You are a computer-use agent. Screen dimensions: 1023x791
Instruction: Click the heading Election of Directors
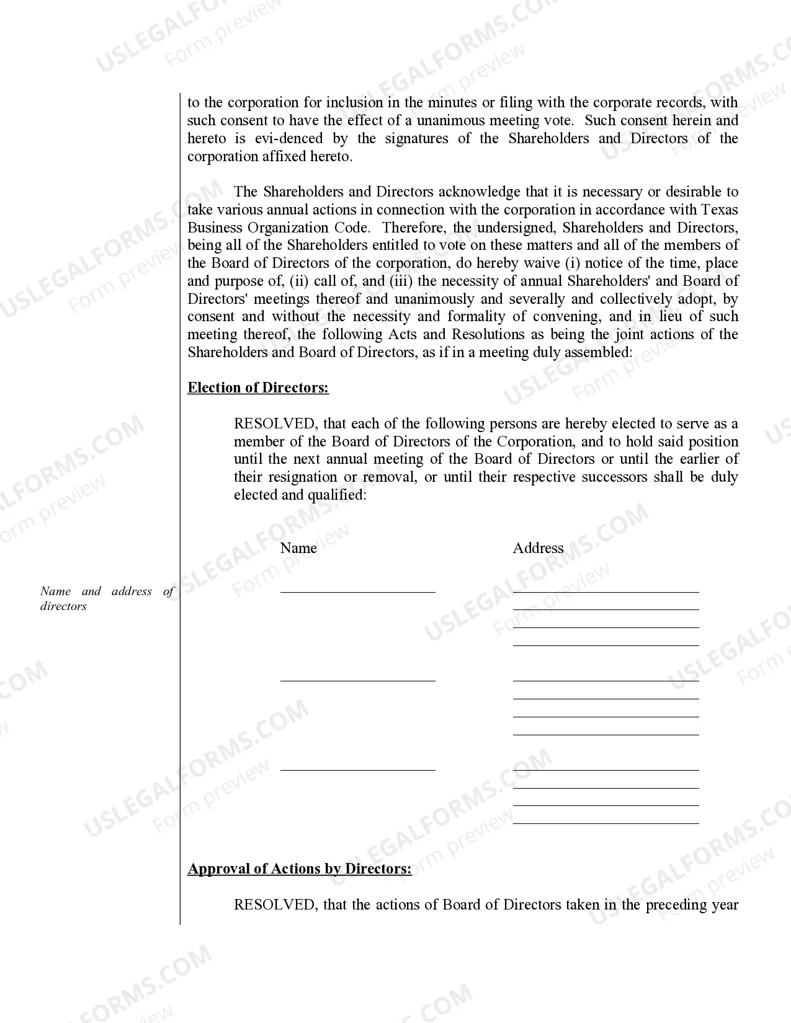point(258,388)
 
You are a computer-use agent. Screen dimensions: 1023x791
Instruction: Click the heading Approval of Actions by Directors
point(300,869)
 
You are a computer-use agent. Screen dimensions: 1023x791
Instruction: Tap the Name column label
point(298,548)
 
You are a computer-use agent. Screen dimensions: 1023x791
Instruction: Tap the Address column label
point(538,548)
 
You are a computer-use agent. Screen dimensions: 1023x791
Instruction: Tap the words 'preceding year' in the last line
point(692,905)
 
